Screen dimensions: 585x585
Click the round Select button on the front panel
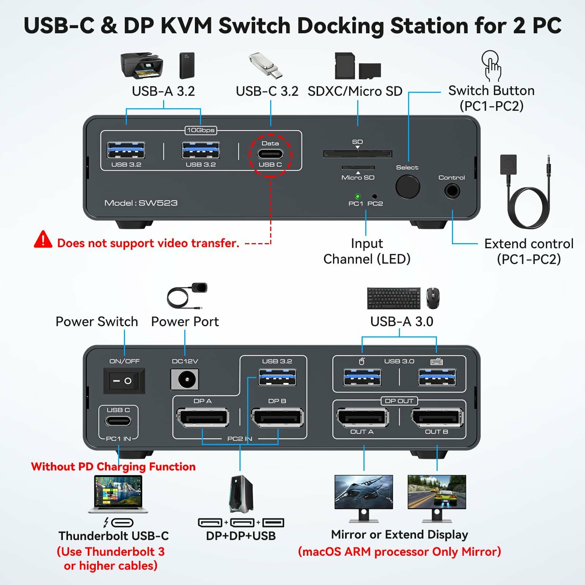[407, 186]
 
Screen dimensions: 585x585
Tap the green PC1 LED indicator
[358, 196]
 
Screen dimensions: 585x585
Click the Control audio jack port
[452, 191]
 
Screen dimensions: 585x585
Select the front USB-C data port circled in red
[270, 154]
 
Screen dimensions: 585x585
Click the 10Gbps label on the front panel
[200, 130]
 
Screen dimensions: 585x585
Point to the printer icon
[141, 65]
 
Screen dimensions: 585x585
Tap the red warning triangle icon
[43, 240]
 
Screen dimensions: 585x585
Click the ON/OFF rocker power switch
[124, 381]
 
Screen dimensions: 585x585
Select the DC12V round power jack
[185, 379]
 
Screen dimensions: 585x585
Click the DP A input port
[203, 418]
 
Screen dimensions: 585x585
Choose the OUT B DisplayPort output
[437, 417]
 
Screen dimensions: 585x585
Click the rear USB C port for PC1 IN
[118, 421]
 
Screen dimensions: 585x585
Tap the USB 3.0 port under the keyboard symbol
[437, 377]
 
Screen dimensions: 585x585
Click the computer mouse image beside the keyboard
[433, 298]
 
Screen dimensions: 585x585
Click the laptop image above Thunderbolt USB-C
[118, 494]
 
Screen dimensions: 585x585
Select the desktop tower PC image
[241, 494]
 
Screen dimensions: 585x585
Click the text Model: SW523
[141, 203]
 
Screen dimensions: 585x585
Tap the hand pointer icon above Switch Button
[491, 66]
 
